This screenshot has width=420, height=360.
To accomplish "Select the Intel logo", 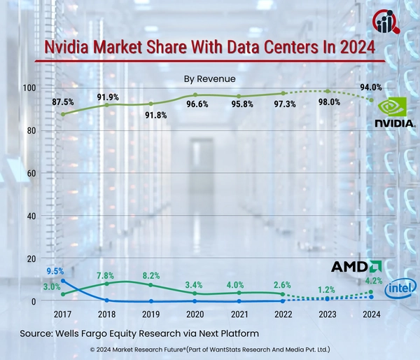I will (x=402, y=286).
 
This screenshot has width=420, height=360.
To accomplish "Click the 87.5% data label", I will (x=63, y=102).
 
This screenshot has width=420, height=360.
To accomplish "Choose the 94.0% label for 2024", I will (x=370, y=88).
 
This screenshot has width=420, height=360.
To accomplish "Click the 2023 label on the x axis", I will (x=328, y=315).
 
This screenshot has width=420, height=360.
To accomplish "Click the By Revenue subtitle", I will (x=209, y=78).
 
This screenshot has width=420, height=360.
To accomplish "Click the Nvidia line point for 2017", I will (x=63, y=114).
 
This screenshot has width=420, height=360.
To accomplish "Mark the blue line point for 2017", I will (x=63, y=281).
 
